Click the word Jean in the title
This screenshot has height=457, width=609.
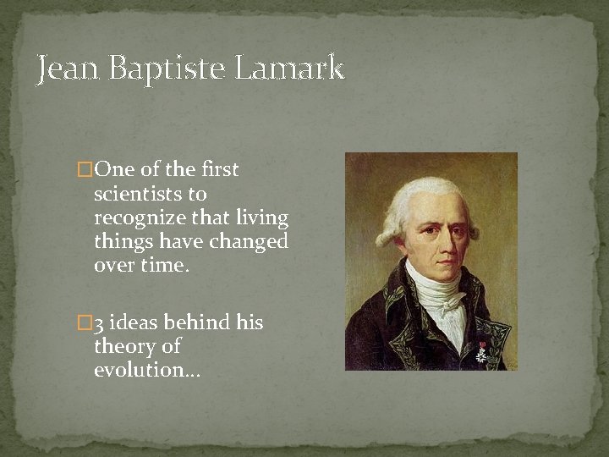[69, 68]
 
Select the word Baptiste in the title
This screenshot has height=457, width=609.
[161, 68]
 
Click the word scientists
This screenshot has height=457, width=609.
[139, 194]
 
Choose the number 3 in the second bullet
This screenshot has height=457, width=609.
[99, 323]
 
